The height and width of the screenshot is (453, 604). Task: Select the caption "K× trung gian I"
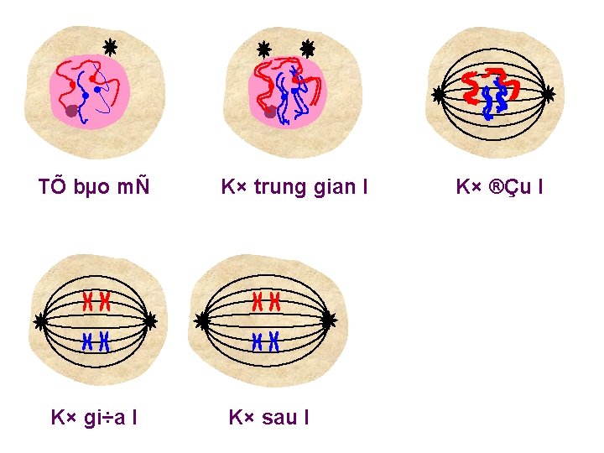pos(294,185)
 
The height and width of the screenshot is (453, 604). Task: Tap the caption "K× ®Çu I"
pos(499,185)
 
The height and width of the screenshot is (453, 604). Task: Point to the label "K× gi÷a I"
pos(95,416)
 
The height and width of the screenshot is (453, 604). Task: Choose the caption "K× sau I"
pos(268,416)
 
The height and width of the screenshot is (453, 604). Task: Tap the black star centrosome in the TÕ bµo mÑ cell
pos(109,47)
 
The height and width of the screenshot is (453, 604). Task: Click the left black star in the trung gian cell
pos(263,49)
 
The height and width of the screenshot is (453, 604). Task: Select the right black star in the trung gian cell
pos(307,49)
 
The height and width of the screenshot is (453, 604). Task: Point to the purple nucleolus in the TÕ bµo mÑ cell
pos(72,110)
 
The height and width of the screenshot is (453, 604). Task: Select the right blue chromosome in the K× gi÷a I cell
pos(105,341)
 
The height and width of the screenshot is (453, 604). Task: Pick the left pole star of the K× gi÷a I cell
pos(41,320)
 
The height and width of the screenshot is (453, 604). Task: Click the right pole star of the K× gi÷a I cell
pos(150,320)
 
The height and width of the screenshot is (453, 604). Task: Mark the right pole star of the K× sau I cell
pos(328,320)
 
